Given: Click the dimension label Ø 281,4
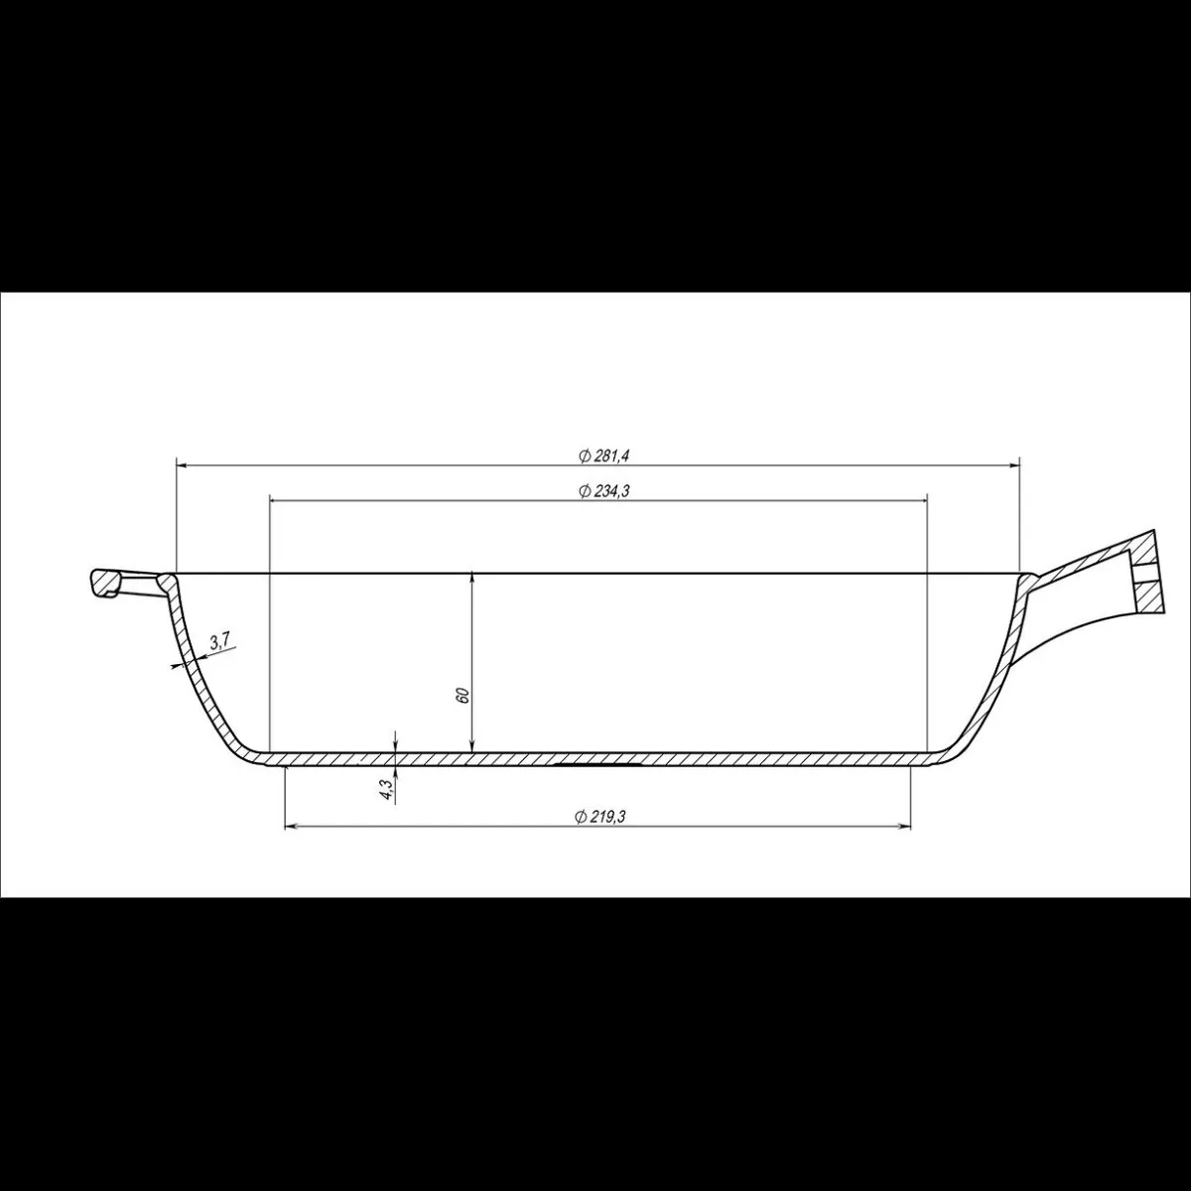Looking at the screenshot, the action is pyautogui.click(x=603, y=457).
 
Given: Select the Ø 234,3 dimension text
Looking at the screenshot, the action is pyautogui.click(x=603, y=491).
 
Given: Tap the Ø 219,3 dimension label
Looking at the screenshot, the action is pyautogui.click(x=598, y=817).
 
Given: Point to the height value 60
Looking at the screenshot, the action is pyautogui.click(x=463, y=695).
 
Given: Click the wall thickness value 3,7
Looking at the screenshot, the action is pyautogui.click(x=219, y=641).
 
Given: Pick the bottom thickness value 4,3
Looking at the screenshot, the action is pyautogui.click(x=386, y=790).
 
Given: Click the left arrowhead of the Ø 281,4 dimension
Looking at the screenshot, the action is pyautogui.click(x=184, y=464).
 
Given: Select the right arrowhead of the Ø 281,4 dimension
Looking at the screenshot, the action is pyautogui.click(x=1012, y=464).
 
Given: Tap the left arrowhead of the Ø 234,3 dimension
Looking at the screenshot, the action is pyautogui.click(x=278, y=500).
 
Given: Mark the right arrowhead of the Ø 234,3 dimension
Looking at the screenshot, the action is pyautogui.click(x=921, y=500).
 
